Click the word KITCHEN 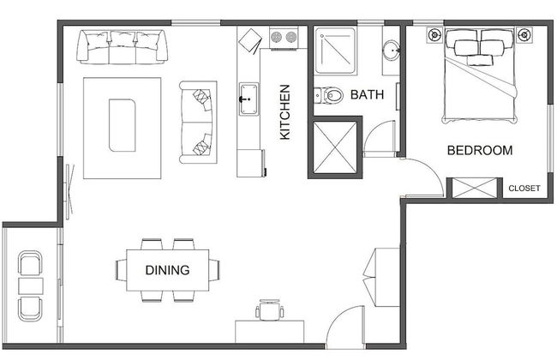click(x=285, y=112)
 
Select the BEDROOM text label click(x=480, y=151)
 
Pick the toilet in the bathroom click(x=331, y=95)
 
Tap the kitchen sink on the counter click(x=249, y=96)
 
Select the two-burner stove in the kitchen click(x=284, y=38)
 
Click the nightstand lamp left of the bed click(x=434, y=36)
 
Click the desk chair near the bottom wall click(x=270, y=309)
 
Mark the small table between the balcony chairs click(x=32, y=285)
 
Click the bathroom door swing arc click(x=375, y=139)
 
